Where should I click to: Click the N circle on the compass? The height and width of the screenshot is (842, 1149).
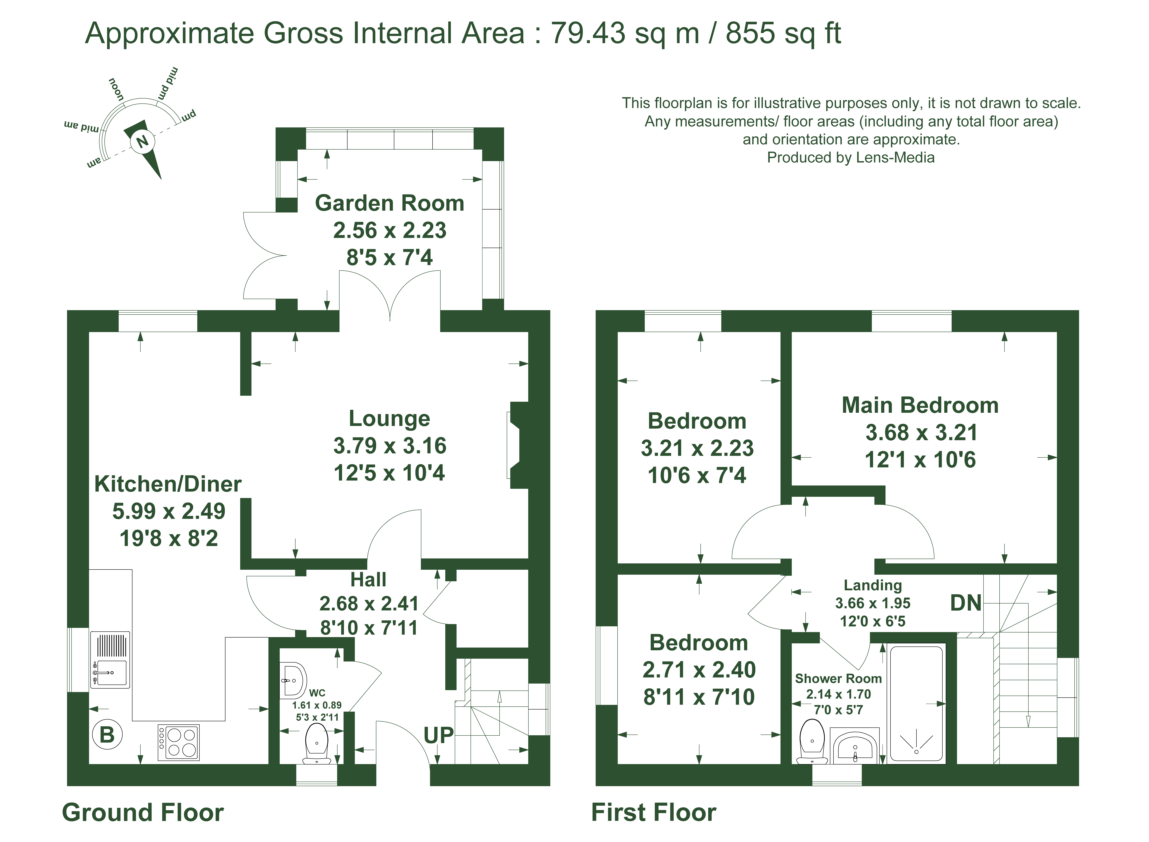point(143,141)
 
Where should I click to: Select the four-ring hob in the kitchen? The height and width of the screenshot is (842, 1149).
point(178,743)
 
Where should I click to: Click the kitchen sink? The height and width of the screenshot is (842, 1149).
point(110,660)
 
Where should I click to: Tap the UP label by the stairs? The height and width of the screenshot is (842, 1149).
point(438,735)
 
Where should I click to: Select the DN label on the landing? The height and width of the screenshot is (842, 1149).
point(965,603)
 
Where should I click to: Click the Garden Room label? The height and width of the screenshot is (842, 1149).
point(389,203)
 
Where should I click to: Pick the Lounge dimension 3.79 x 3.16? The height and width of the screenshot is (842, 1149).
point(389,446)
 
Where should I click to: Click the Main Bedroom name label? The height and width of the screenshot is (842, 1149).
point(920,405)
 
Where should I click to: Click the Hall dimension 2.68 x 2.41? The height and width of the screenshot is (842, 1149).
point(369,603)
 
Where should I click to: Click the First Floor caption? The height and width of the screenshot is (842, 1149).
point(653,813)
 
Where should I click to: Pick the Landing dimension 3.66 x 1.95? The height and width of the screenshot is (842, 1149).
point(873,603)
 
